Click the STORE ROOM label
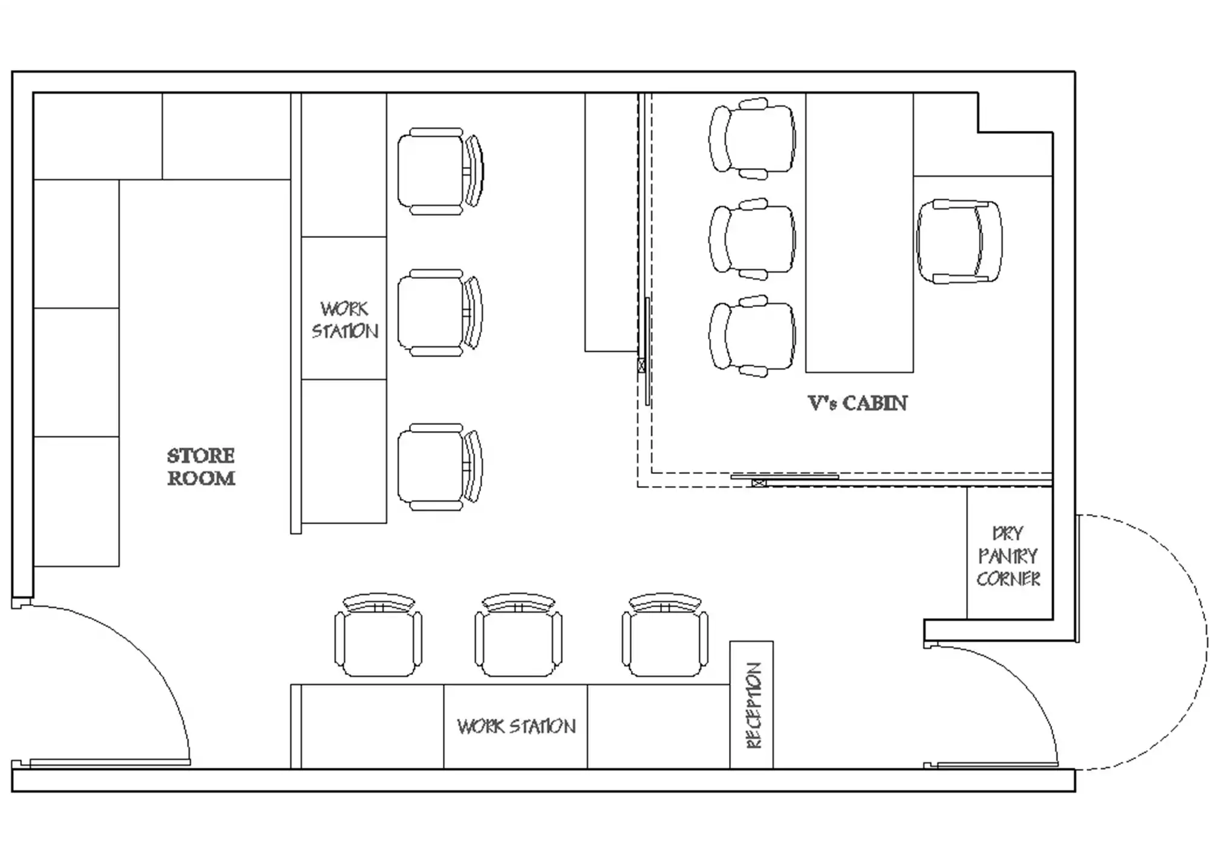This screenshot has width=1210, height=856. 201,467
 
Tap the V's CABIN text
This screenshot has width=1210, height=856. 857,403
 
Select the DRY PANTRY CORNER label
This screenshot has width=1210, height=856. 1008,556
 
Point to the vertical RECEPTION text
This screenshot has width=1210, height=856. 753,706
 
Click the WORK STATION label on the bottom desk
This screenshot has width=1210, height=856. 516,726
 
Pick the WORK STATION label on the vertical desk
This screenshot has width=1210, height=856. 345,320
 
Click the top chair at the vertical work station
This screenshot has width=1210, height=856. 440,171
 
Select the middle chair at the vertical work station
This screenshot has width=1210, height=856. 440,313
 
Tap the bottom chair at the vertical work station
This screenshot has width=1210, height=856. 440,467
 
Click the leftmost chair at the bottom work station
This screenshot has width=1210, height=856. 378,635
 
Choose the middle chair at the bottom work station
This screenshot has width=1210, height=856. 518,635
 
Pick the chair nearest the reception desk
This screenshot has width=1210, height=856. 665,635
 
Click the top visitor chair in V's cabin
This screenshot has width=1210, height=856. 752,139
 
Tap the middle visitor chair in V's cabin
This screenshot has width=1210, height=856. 752,239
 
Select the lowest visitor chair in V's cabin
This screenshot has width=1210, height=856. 752,336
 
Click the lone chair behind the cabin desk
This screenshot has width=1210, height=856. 959,242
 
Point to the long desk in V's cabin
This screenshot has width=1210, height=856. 859,232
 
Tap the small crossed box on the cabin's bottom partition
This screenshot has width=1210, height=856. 758,482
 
